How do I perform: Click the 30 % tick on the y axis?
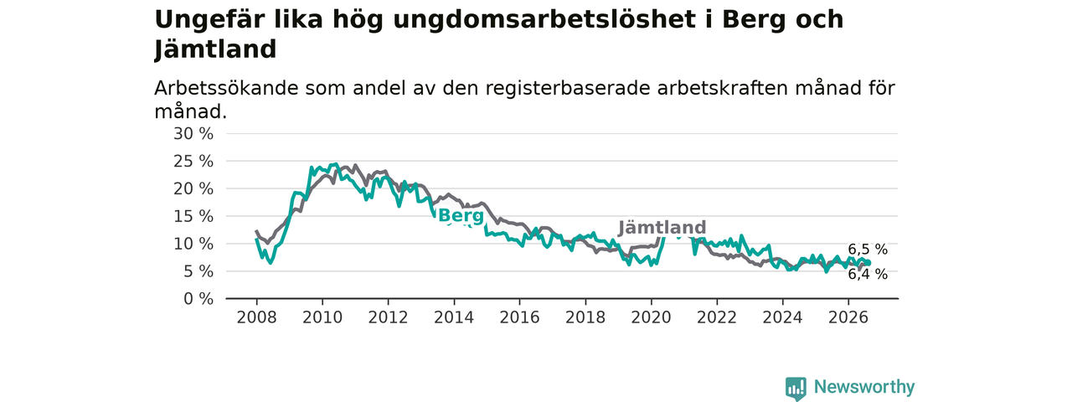point(193,134)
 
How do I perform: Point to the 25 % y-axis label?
point(193,162)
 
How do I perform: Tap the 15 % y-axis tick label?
point(193,216)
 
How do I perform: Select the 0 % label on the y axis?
point(198,299)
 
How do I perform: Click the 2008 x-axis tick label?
point(256,317)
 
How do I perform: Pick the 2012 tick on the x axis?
point(388,317)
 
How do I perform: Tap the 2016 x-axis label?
point(520,317)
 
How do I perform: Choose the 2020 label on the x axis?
point(652,317)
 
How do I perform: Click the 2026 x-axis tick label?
point(848,317)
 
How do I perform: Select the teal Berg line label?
point(461,216)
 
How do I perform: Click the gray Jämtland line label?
point(662,228)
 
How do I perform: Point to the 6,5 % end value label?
point(868,250)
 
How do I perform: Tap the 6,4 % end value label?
point(868,274)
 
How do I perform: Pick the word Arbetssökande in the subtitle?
point(226,88)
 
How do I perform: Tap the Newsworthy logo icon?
point(796,387)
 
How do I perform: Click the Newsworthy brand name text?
point(864,387)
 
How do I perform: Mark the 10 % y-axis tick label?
point(193,244)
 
